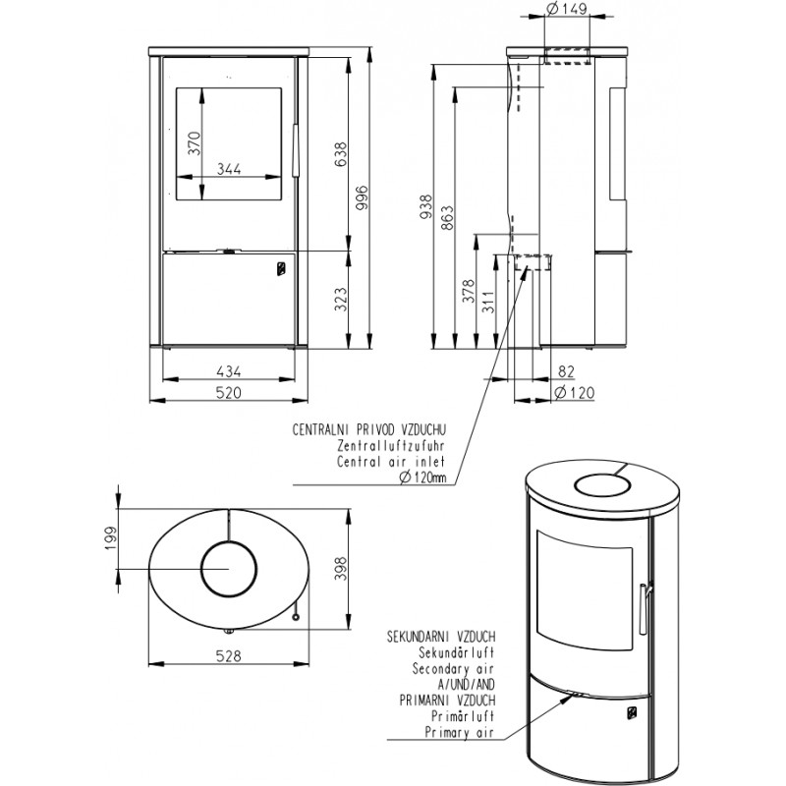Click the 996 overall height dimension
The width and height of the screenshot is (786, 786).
pyautogui.click(x=363, y=198)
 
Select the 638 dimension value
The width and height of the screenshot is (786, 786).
pyautogui.click(x=341, y=154)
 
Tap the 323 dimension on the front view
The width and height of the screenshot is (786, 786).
pyautogui.click(x=341, y=299)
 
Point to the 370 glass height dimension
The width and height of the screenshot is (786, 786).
pyautogui.click(x=195, y=142)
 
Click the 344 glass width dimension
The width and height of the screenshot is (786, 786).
pyautogui.click(x=229, y=168)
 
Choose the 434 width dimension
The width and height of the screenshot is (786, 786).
pyautogui.click(x=229, y=371)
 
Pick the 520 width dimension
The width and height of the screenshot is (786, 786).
pyautogui.click(x=229, y=392)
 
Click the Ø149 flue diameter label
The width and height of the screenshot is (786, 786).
pyautogui.click(x=566, y=9)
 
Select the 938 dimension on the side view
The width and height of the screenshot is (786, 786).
pyautogui.click(x=426, y=207)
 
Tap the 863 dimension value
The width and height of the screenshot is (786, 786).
pyautogui.click(x=448, y=217)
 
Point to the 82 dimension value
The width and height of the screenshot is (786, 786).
pyautogui.click(x=566, y=371)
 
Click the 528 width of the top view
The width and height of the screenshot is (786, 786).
pyautogui.click(x=229, y=655)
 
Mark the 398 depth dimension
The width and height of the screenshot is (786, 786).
pyautogui.click(x=341, y=569)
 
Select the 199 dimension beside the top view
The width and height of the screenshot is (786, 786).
pyautogui.click(x=111, y=538)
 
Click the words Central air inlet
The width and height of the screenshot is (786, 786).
pyautogui.click(x=391, y=461)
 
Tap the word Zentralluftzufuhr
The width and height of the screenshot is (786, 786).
pyautogui.click(x=391, y=445)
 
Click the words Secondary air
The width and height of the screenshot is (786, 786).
pyautogui.click(x=453, y=669)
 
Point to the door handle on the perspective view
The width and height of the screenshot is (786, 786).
pyautogui.click(x=646, y=608)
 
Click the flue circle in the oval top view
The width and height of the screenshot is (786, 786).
pyautogui.click(x=229, y=570)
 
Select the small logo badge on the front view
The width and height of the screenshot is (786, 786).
pyautogui.click(x=281, y=268)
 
